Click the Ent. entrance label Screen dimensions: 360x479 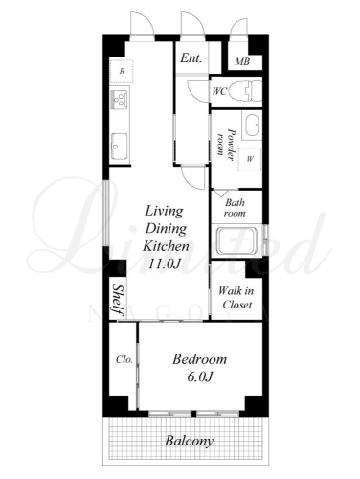click(191, 57)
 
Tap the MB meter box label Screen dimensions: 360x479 click(242, 61)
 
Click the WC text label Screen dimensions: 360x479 click(219, 91)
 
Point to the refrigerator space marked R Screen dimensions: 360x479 click(122, 72)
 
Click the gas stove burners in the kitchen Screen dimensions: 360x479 click(120, 100)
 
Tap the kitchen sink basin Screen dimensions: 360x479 click(119, 146)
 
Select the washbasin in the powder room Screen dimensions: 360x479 click(254, 125)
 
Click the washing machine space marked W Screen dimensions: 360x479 click(250, 159)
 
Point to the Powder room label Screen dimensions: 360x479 click(225, 143)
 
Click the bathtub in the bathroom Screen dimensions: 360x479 click(236, 240)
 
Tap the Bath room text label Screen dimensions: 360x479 click(235, 208)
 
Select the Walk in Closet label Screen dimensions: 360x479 click(236, 297)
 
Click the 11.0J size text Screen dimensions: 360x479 click(165, 263)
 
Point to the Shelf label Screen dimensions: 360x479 click(118, 300)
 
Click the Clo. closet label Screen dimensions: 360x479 click(124, 360)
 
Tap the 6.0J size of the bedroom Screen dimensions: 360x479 click(200, 377)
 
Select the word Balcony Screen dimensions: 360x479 click(190, 441)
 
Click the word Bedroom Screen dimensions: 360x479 click(200, 359)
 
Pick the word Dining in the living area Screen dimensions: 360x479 click(166, 229)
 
